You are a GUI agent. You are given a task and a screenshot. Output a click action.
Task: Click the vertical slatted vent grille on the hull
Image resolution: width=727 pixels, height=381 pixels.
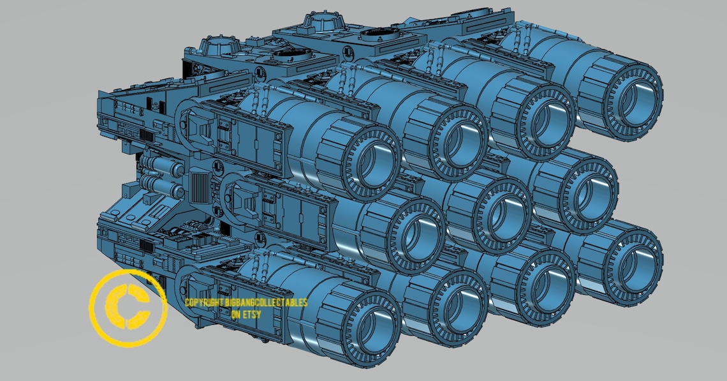[200, 189]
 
